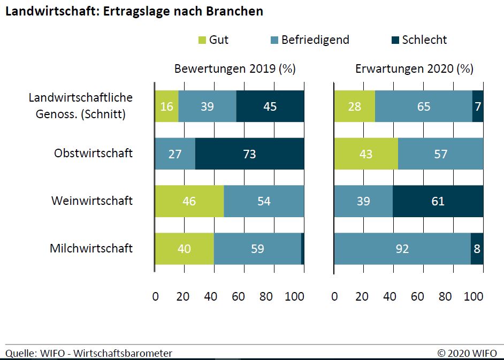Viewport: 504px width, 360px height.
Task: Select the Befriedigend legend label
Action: click(x=315, y=40)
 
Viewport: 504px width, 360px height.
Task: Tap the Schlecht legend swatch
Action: click(x=395, y=40)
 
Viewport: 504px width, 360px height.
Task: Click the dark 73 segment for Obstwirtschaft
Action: click(x=249, y=154)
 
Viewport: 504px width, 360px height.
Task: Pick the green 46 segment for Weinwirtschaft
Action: click(x=189, y=201)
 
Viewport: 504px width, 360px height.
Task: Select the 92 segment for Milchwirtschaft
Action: click(x=402, y=249)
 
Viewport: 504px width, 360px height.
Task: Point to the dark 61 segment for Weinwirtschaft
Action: click(x=438, y=201)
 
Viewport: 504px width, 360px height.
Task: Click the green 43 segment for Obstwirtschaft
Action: click(x=366, y=154)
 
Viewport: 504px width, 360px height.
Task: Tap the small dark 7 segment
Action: click(x=478, y=106)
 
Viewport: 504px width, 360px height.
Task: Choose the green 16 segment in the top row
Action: click(x=167, y=106)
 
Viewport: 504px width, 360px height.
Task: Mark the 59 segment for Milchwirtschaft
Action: click(x=257, y=249)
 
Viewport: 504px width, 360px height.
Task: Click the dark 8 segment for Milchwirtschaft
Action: click(x=477, y=249)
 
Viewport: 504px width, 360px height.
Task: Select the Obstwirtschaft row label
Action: click(x=93, y=154)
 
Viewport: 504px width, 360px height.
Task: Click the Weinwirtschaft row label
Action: click(x=92, y=201)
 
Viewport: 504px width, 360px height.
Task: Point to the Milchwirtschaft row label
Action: click(x=91, y=248)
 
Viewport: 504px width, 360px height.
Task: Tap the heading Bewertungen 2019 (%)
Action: click(x=235, y=69)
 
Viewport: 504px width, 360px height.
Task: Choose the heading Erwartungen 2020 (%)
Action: click(x=414, y=69)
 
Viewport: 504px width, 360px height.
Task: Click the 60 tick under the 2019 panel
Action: click(x=238, y=296)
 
